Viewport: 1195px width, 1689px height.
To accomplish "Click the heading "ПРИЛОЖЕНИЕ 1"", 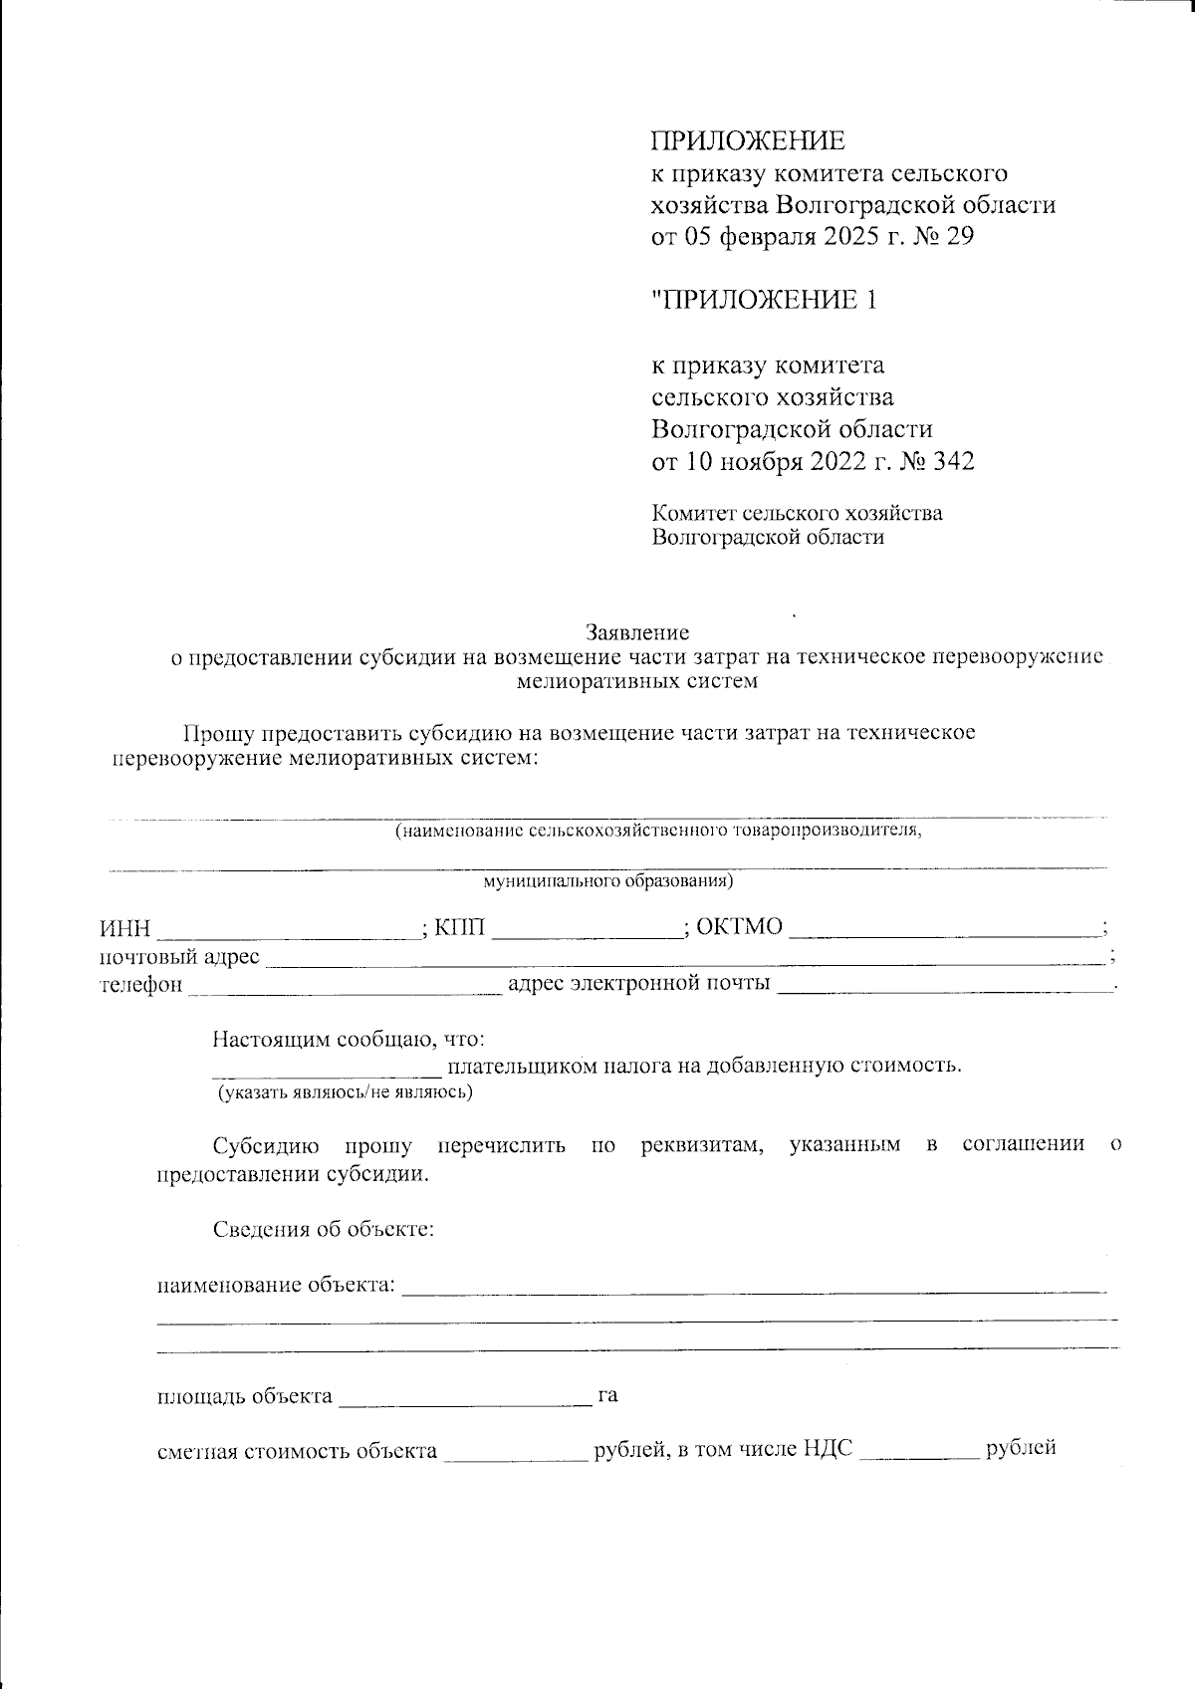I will [x=764, y=300].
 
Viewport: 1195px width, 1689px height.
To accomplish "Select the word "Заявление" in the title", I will [x=638, y=631].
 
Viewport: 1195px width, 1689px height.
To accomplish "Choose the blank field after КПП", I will [x=588, y=930].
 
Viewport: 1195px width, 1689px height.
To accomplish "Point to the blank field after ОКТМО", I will [x=946, y=930].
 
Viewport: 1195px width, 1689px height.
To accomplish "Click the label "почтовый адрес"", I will [x=180, y=957].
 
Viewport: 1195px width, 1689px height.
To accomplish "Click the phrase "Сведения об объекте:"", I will [x=325, y=1229].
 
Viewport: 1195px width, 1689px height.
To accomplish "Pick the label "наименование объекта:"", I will [x=277, y=1285].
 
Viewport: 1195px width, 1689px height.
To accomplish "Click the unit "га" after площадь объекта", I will [x=607, y=1395].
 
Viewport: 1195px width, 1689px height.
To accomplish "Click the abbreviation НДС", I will [x=827, y=1450].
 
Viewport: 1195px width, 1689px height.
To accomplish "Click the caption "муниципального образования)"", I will [x=608, y=881].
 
